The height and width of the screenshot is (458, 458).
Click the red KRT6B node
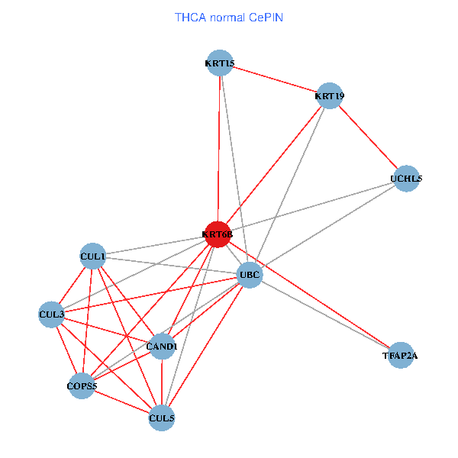218,234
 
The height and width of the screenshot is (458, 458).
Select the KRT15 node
220,63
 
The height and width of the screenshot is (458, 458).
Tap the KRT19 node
330,96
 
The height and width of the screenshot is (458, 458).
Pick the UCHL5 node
406,179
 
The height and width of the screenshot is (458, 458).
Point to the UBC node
250,274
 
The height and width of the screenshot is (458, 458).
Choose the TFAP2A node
400,355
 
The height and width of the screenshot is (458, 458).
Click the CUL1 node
92,256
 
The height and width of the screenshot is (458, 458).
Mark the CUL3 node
51,314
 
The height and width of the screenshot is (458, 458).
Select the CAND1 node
162,347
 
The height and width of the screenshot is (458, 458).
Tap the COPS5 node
82,386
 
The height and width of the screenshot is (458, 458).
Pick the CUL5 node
162,418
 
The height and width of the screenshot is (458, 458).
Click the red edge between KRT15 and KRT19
275,79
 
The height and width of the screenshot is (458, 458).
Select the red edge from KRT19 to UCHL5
368,137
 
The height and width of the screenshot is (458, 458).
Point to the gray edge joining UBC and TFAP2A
324,314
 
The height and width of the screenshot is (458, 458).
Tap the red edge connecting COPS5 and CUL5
122,402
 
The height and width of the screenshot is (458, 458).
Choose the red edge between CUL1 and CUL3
72,285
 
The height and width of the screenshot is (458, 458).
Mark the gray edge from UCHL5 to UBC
328,226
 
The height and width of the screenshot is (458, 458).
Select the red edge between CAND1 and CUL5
162,382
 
